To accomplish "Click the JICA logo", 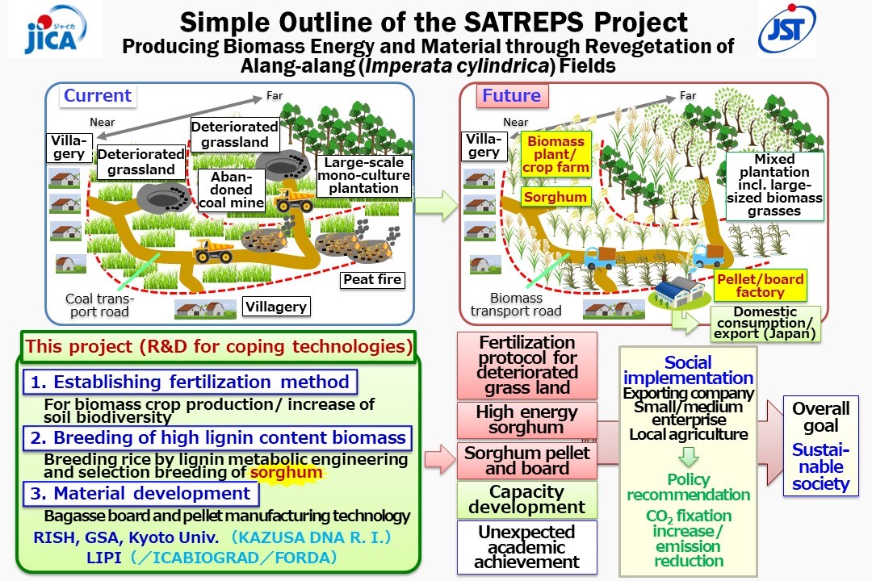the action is (55, 29).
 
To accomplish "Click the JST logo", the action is (787, 29).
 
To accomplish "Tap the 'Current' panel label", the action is (98, 96).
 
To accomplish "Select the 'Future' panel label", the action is (512, 96).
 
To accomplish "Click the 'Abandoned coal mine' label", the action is (232, 190).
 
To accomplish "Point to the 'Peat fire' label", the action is (372, 280).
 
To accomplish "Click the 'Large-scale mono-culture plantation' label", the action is (363, 176).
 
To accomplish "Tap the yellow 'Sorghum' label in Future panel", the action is (555, 197).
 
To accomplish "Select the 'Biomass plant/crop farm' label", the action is (555, 154).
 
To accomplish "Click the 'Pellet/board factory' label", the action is (761, 286).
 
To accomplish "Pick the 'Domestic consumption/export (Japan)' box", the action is (765, 323).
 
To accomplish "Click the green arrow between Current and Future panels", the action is (436, 205).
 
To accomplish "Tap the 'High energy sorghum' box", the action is (526, 420).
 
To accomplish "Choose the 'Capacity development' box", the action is (526, 499).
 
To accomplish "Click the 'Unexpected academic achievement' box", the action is (526, 547).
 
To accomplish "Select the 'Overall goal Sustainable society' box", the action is (821, 446).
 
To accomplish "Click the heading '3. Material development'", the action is (140, 493).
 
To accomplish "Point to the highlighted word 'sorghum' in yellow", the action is (287, 473).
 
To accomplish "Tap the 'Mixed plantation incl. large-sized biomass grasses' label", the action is (774, 185).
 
